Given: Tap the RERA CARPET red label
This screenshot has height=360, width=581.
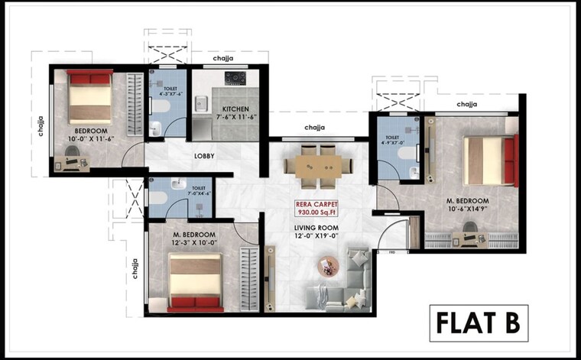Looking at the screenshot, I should pyautogui.click(x=320, y=205).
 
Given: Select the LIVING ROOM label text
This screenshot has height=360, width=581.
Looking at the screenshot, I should pyautogui.click(x=318, y=228).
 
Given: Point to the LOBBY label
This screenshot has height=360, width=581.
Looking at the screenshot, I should pyautogui.click(x=203, y=156).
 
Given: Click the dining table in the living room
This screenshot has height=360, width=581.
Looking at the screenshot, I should pyautogui.click(x=318, y=164).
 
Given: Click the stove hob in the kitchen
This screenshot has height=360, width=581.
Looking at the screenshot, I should pyautogui.click(x=234, y=79).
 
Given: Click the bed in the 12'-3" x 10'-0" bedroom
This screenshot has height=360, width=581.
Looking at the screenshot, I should pyautogui.click(x=196, y=281).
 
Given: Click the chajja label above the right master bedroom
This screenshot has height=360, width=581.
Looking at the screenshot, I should pyautogui.click(x=467, y=104).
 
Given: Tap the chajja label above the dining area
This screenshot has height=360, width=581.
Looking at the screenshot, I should pyautogui.click(x=315, y=128).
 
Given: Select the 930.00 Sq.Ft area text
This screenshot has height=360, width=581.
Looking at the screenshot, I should pyautogui.click(x=320, y=215).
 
